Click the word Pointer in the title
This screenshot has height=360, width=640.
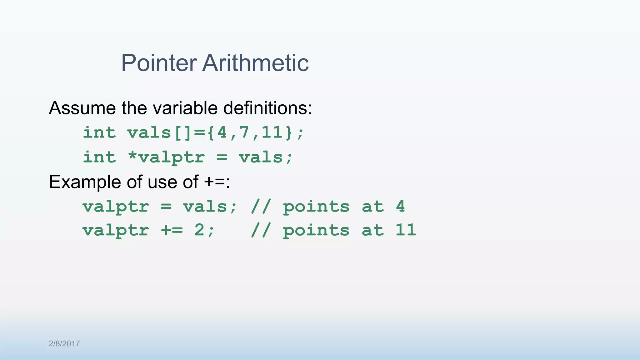coord(159,63)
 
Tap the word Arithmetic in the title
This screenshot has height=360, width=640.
coord(256,63)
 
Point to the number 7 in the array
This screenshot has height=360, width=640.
coord(244,132)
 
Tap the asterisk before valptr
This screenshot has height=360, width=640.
coord(132,156)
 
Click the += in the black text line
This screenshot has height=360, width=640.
coord(215,182)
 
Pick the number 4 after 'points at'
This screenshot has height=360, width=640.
coord(400,206)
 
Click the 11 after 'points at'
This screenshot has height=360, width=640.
coord(406,230)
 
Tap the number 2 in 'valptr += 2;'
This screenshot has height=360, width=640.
coord(199,230)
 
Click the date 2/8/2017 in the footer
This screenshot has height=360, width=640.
coord(64,343)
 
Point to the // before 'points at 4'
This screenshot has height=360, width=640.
coord(261,206)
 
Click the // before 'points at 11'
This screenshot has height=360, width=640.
coord(261,230)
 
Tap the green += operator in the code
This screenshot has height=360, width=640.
coord(172,230)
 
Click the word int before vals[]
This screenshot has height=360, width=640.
coord(99,132)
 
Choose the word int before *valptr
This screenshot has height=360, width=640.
coord(99,157)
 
